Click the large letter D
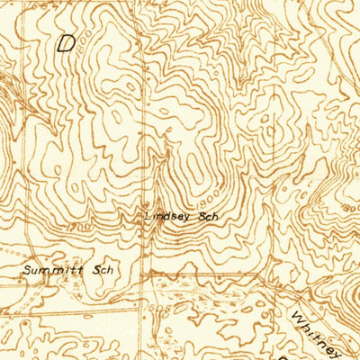pos(67,43)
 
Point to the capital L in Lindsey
pos(148,217)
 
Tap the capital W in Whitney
pos(298,316)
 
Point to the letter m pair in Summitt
pos(56,269)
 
